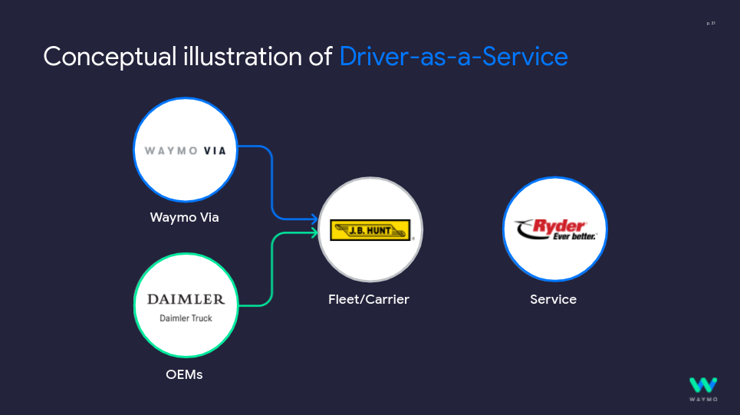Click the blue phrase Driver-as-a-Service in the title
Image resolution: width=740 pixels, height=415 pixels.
453,57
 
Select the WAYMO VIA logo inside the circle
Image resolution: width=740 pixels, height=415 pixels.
186,150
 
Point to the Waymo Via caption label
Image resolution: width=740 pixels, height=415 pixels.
184,218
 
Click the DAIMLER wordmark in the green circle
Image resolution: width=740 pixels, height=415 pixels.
186,299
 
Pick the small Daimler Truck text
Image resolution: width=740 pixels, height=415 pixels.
186,318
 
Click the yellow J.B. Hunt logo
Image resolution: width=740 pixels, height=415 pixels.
370,230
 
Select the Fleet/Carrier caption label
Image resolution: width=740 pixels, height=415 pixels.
369,299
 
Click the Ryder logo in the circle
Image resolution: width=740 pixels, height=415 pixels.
554,228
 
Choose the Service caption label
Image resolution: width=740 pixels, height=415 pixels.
553,299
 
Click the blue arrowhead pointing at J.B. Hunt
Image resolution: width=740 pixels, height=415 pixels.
314,219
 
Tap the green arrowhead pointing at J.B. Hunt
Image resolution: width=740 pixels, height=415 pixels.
314,232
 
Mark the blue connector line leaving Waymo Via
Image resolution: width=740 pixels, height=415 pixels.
272,176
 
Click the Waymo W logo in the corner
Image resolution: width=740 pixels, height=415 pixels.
702,385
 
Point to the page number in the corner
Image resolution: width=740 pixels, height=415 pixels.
711,24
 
